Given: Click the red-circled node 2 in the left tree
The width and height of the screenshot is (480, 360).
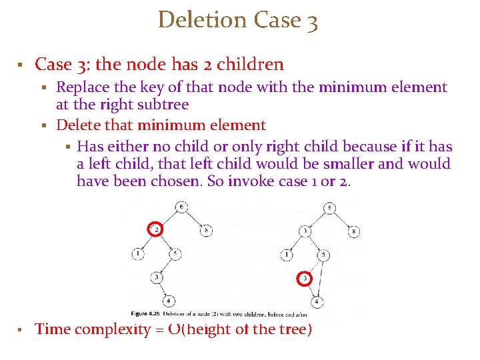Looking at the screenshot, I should click(155, 229).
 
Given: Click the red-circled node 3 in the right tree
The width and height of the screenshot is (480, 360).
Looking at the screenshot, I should click(305, 277).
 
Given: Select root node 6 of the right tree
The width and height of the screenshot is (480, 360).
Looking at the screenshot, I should click(331, 208).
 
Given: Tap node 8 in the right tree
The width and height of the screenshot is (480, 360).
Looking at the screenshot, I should click(355, 232).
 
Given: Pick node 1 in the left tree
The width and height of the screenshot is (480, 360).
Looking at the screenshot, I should click(137, 253).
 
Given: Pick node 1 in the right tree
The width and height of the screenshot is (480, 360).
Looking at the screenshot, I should click(287, 254).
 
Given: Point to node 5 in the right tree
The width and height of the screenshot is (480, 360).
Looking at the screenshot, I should click(323, 255).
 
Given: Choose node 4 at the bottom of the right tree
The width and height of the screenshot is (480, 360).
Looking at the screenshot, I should click(316, 302).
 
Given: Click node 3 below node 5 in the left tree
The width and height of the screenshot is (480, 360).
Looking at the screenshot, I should click(155, 277).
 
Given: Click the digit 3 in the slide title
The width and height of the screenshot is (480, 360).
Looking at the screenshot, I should click(312, 21).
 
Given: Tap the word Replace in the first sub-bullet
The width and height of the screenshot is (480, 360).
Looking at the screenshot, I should click(83, 87).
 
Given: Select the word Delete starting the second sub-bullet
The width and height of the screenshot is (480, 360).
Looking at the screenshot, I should click(77, 125).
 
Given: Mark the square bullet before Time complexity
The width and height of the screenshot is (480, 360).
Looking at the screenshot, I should click(21, 329).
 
